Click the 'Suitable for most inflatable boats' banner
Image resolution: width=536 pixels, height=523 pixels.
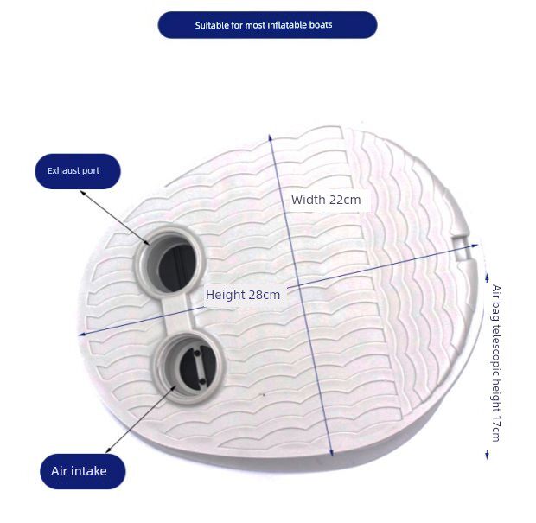click(x=267, y=25)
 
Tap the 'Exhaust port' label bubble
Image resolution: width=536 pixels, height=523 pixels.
click(x=77, y=171)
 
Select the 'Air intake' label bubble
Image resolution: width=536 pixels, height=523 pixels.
click(x=83, y=471)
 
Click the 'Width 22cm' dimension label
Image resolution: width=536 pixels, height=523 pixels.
click(x=326, y=200)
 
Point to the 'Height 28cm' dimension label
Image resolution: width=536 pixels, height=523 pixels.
click(x=243, y=295)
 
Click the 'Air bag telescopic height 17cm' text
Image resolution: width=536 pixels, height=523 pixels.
click(x=495, y=362)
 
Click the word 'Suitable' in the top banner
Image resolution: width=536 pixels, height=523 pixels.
click(x=212, y=25)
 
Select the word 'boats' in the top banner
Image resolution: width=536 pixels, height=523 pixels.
click(x=321, y=25)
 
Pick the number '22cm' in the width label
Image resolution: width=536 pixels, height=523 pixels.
click(x=345, y=200)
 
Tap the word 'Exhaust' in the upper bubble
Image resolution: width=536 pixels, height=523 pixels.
click(x=62, y=171)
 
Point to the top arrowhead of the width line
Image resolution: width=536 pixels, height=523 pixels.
click(x=273, y=138)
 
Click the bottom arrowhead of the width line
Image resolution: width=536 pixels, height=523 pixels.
click(x=332, y=454)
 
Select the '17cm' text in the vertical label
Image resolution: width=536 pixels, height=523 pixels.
click(x=495, y=428)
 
